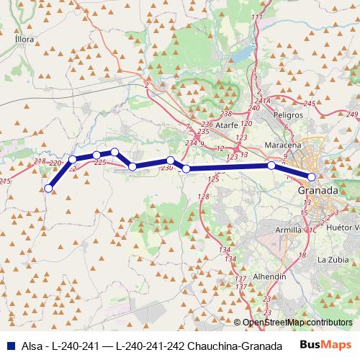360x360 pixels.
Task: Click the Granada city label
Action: coord(318,190)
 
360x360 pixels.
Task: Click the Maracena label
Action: coord(282,145)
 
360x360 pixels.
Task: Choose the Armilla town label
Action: coord(290,230)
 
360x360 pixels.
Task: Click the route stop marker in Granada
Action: coord(312,176)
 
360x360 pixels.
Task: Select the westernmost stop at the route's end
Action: coord(48,189)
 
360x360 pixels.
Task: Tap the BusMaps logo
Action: coord(325,343)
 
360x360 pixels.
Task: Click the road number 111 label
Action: coord(255,17)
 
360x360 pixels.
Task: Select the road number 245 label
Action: coord(310,104)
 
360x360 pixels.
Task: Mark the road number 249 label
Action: coord(352,114)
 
